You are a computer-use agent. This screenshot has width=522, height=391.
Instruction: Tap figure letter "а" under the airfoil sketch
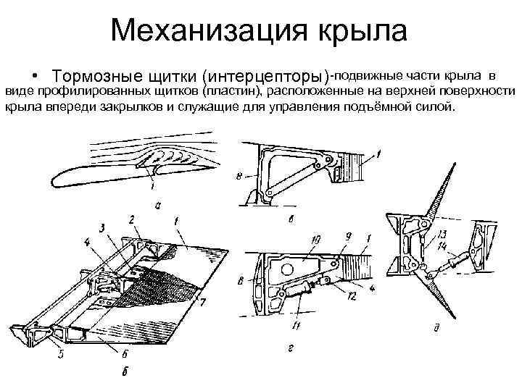pyautogui.click(x=159, y=205)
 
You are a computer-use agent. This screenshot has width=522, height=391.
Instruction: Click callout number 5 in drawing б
pyautogui.click(x=63, y=355)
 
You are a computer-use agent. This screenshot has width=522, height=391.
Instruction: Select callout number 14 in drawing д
pyautogui.click(x=442, y=248)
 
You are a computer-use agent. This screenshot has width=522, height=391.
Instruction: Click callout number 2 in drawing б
pyautogui.click(x=132, y=218)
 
